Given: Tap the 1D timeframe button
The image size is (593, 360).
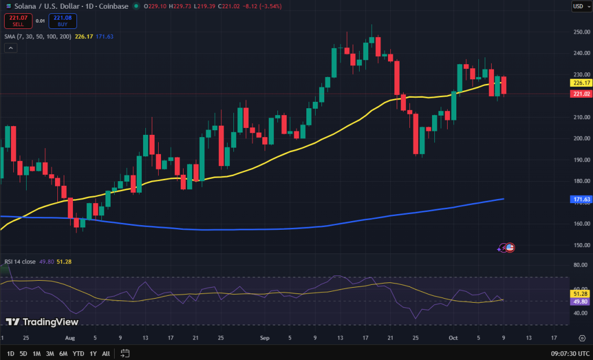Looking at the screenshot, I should click(10, 353).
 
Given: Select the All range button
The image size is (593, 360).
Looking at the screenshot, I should click(105, 353).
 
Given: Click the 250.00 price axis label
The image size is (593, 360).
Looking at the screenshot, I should click(581, 32).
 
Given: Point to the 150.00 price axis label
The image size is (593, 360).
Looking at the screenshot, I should click(581, 245).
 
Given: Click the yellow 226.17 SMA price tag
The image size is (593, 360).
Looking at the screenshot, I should click(581, 83).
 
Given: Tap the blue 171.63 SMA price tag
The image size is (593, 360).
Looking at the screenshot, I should click(581, 199).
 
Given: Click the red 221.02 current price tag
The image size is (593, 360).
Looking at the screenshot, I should click(581, 94).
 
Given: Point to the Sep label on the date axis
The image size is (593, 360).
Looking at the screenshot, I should click(265, 337).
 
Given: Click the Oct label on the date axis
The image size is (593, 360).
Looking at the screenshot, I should click(453, 337).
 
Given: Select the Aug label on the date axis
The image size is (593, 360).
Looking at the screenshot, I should click(70, 337).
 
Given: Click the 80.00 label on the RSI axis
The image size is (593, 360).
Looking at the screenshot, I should click(581, 265).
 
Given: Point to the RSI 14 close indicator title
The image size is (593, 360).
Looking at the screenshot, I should click(20, 262).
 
